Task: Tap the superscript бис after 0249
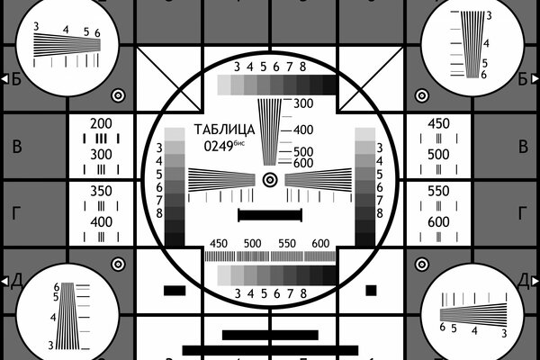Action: pyautogui.click(x=245, y=141)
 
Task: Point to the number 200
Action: pyautogui.click(x=101, y=123)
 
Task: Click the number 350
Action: pyautogui.click(x=101, y=191)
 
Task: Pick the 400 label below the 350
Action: pyautogui.click(x=101, y=221)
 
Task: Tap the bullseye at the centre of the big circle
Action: pyautogui.click(x=269, y=180)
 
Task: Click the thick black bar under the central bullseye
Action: pyautogui.click(x=269, y=215)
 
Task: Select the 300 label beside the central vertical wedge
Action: pyautogui.click(x=302, y=103)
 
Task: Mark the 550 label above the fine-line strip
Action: pyautogui.click(x=287, y=244)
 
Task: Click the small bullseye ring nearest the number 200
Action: pyautogui.click(x=117, y=94)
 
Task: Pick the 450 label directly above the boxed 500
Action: pyautogui.click(x=438, y=123)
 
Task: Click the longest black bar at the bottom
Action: pyautogui.click(x=270, y=349)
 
